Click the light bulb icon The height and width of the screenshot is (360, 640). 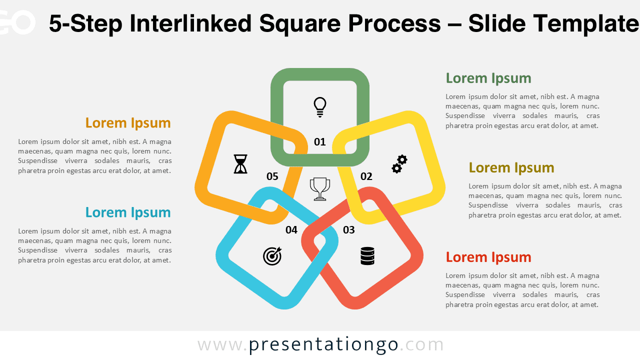pyautogui.click(x=320, y=107)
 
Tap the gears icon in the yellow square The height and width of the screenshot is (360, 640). pyautogui.click(x=399, y=164)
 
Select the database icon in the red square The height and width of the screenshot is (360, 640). pyautogui.click(x=367, y=256)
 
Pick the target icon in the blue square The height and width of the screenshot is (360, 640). pyautogui.click(x=272, y=256)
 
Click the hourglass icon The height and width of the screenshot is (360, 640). pyautogui.click(x=240, y=164)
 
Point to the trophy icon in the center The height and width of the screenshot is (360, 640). pyautogui.click(x=320, y=188)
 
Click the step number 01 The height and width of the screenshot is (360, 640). pyautogui.click(x=320, y=142)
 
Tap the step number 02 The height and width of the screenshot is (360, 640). pyautogui.click(x=366, y=176)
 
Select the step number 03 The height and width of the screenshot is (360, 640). pyautogui.click(x=348, y=230)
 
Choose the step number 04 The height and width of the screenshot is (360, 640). pyautogui.click(x=291, y=230)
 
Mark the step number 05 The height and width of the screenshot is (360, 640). pyautogui.click(x=272, y=176)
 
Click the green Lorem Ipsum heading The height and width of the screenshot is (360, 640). pyautogui.click(x=488, y=78)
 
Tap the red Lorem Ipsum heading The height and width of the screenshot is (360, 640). pyautogui.click(x=488, y=257)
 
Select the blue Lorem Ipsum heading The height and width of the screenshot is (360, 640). pyautogui.click(x=128, y=212)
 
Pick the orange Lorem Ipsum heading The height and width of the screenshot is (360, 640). pyautogui.click(x=128, y=123)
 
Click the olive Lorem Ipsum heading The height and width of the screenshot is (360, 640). pyautogui.click(x=511, y=167)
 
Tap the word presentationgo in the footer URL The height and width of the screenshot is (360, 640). pyautogui.click(x=323, y=344)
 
